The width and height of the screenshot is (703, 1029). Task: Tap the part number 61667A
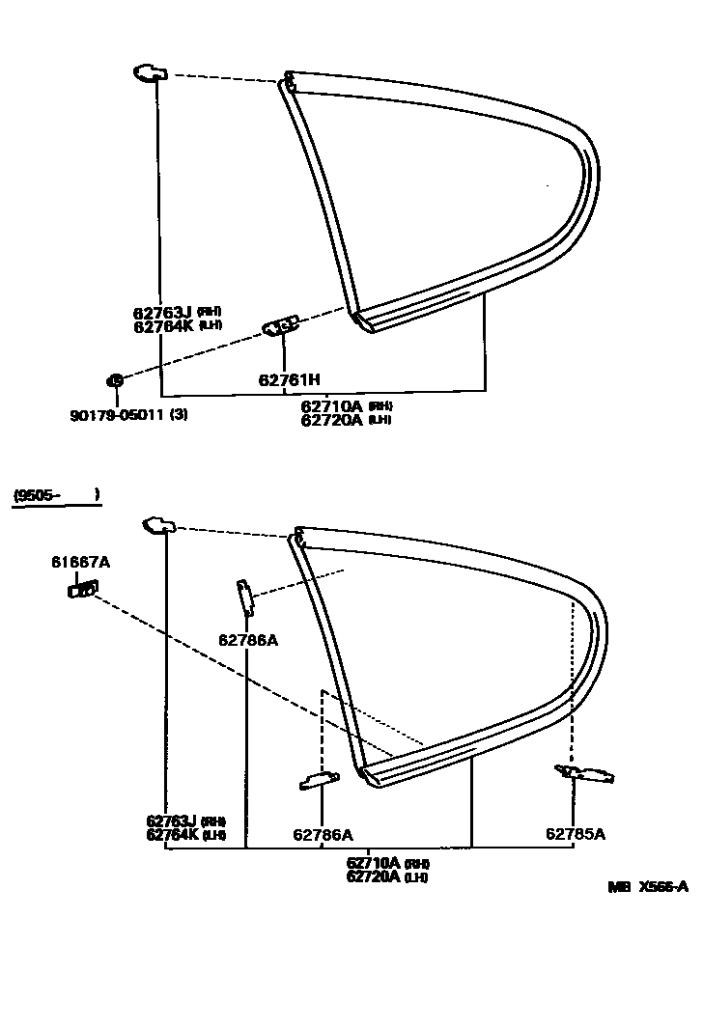click(x=81, y=562)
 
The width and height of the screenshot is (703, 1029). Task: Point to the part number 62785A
click(x=576, y=834)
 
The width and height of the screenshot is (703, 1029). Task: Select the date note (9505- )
click(x=56, y=496)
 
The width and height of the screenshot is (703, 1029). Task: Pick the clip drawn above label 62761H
click(x=281, y=328)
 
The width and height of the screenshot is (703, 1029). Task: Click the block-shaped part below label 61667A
click(x=82, y=588)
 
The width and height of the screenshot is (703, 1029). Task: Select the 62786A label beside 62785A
click(x=323, y=834)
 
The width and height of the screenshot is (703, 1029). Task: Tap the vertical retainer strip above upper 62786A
click(x=245, y=598)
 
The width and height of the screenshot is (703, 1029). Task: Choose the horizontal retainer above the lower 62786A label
click(x=319, y=780)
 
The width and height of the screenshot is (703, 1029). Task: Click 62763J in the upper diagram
click(x=162, y=313)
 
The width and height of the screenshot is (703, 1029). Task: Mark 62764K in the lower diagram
click(x=172, y=834)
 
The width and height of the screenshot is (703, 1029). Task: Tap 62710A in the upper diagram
click(x=332, y=406)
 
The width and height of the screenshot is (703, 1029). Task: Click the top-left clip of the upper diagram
click(x=149, y=72)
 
